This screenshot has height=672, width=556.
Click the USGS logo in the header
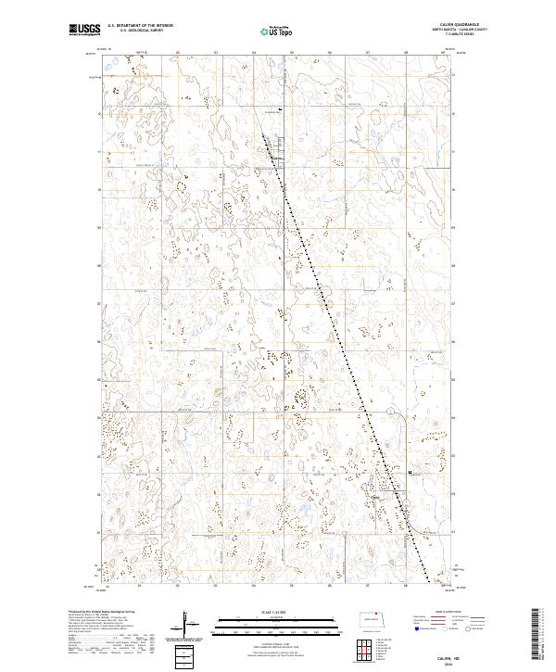click(x=83, y=30)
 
